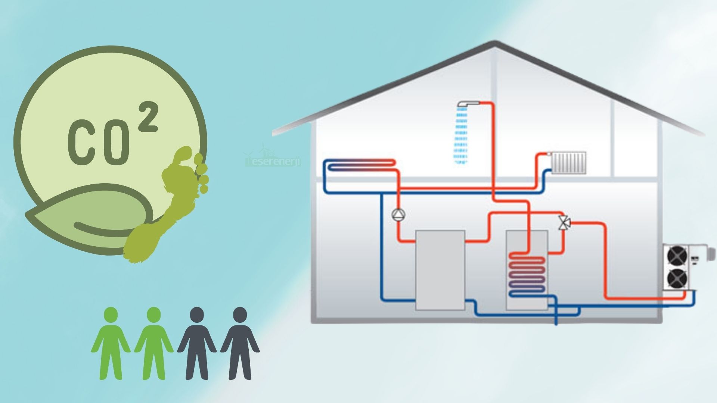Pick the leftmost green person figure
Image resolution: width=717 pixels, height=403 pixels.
(x=111, y=343)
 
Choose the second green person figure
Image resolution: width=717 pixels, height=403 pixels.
(x=154, y=343)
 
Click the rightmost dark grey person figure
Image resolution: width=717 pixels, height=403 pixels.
(x=240, y=343)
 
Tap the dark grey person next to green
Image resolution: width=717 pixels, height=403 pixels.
(x=197, y=343)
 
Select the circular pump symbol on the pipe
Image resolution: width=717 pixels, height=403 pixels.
(x=398, y=215)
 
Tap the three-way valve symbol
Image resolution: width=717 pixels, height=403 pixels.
(x=564, y=223)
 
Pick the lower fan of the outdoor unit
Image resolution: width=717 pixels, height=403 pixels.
(x=677, y=278)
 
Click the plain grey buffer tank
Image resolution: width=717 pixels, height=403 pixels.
(x=440, y=270)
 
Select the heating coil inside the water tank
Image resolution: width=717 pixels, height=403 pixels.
(x=527, y=274)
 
